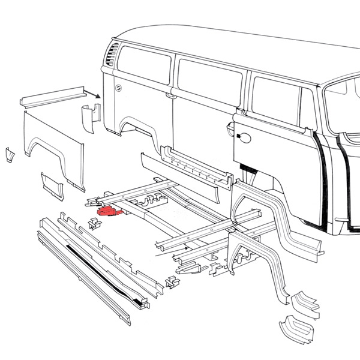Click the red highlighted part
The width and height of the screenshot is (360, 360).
click(109, 211)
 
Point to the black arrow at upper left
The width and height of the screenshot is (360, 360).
click(93, 94)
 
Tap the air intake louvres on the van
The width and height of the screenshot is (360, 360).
click(112, 58)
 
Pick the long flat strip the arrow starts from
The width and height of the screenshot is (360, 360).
click(50, 97)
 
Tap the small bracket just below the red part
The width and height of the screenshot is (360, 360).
click(94, 224)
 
